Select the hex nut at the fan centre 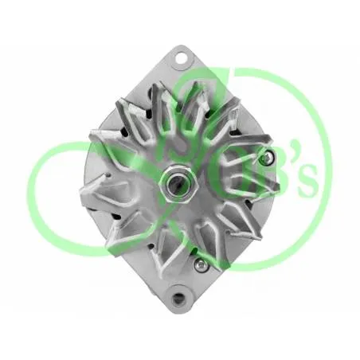pos(178,183)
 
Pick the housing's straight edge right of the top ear pos(231,88)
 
